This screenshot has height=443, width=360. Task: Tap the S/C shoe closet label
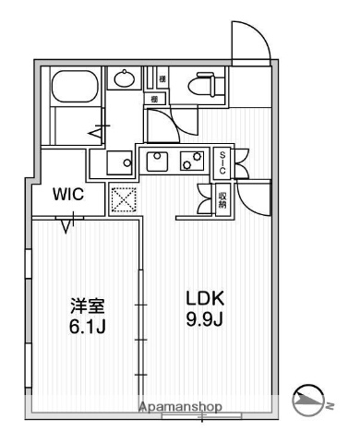click(222, 164)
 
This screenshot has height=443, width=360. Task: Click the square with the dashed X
click(123, 199)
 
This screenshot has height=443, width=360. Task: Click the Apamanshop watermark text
click(180, 407)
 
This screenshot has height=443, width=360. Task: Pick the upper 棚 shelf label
click(161, 79)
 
